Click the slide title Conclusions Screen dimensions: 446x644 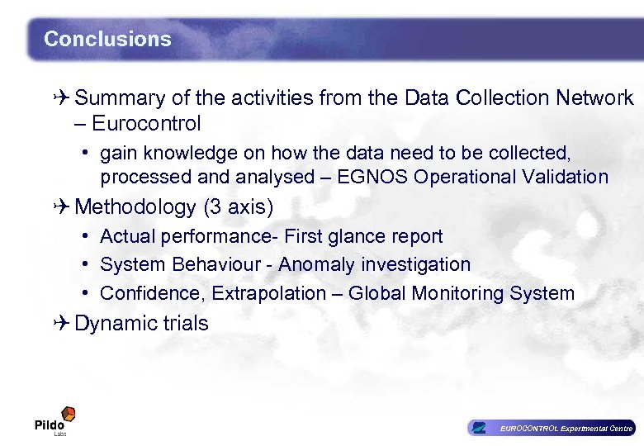(x=107, y=39)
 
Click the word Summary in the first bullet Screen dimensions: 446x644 (x=121, y=98)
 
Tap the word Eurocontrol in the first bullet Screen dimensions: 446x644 (x=146, y=124)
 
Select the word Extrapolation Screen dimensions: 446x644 (x=280, y=293)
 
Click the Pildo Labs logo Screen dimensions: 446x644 (x=54, y=421)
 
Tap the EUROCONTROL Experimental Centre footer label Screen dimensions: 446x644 (x=564, y=428)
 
